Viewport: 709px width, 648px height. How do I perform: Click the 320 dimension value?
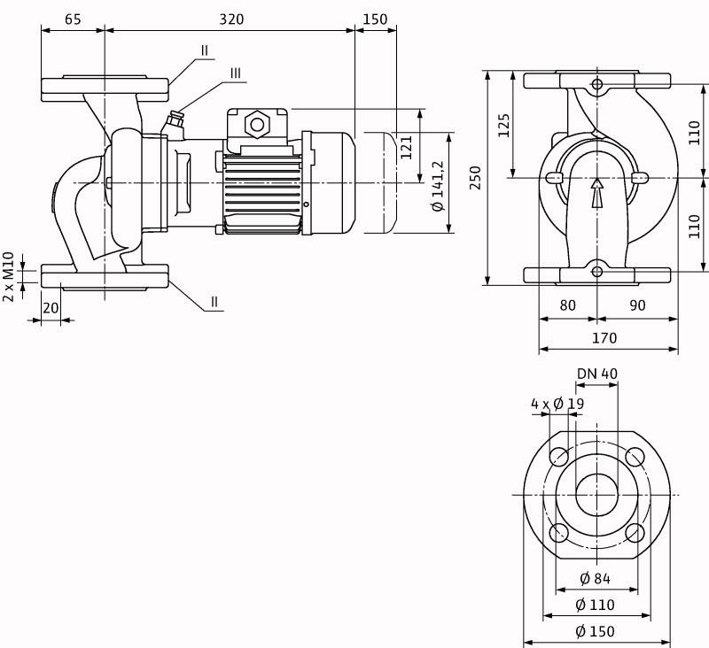tap(230, 19)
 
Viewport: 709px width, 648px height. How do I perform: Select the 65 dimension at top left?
tap(73, 19)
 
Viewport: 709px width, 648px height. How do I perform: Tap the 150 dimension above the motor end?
tap(376, 19)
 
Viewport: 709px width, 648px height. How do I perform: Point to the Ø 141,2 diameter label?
tap(437, 183)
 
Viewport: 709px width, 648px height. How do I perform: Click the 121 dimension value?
tap(407, 146)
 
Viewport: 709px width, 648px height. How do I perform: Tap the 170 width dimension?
tap(604, 337)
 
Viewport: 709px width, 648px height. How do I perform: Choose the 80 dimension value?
tap(568, 305)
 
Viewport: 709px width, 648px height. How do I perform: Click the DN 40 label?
tap(596, 374)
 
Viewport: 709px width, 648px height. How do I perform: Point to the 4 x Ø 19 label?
tap(557, 404)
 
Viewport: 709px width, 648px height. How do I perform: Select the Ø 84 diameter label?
tap(596, 579)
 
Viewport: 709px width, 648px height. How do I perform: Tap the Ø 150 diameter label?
tap(596, 631)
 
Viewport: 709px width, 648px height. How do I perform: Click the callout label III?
tap(235, 73)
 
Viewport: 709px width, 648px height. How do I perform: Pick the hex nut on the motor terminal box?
tap(257, 123)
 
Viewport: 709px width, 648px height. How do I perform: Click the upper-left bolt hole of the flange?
tap(559, 457)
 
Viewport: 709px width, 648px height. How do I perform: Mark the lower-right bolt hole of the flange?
tap(635, 533)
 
